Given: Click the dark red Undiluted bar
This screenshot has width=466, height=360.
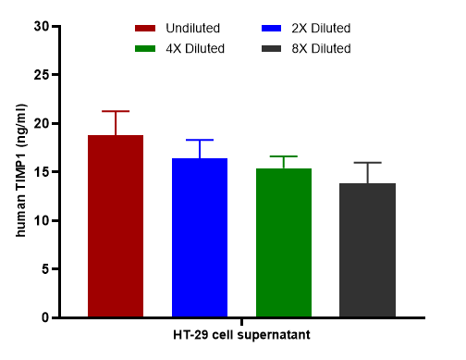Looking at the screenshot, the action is click(116, 226).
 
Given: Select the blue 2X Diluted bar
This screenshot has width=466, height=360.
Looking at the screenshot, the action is click(200, 238).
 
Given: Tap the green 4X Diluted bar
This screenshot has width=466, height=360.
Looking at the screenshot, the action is click(284, 242).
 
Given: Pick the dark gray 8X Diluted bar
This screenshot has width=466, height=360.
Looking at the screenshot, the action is click(368, 250).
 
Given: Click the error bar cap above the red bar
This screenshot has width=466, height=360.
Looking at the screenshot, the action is click(116, 111).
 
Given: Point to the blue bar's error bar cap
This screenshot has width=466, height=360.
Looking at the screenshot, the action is click(200, 140).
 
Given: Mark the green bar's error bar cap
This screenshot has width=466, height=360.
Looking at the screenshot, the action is click(284, 156).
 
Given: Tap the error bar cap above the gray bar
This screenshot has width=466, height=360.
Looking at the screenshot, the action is click(368, 163).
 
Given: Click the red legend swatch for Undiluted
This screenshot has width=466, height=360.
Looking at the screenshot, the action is click(145, 29).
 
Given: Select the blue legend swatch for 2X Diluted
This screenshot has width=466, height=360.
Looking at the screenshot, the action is click(271, 29).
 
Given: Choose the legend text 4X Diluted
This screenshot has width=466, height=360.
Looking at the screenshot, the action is click(195, 49).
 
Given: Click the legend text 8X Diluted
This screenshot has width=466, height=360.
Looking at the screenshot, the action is click(321, 49).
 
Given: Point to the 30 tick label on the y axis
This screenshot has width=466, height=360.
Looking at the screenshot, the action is click(42, 27).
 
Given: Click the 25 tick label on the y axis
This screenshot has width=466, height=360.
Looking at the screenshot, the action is click(42, 75).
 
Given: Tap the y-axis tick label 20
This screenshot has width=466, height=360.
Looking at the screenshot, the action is click(42, 124).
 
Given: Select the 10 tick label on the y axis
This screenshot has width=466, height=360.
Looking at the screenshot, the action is click(42, 221).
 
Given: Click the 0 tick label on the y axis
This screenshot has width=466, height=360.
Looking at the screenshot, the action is click(45, 317).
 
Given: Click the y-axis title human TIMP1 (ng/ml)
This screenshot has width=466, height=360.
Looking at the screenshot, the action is click(21, 170).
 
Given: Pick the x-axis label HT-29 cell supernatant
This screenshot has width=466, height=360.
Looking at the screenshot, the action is click(241, 335).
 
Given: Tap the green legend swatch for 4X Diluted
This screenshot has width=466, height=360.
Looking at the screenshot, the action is click(145, 49).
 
